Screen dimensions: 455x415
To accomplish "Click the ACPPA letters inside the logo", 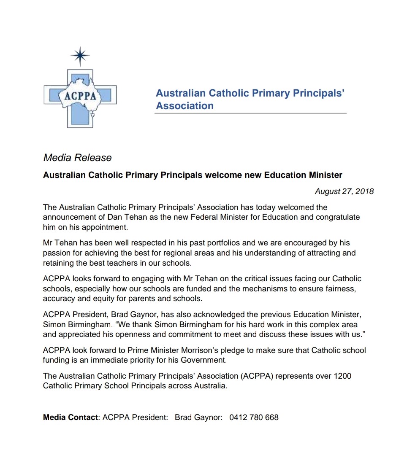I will [x=80, y=96].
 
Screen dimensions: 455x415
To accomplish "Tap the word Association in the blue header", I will [x=184, y=106].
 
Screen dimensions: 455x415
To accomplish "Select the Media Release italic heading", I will [x=77, y=158].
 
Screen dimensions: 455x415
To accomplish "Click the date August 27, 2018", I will [x=344, y=191].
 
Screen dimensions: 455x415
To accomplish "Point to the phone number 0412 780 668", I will [x=254, y=417].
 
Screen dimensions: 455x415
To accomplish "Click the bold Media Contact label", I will [x=70, y=417].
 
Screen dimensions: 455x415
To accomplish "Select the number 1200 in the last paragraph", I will [x=342, y=376].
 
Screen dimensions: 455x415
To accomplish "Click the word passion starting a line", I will [x=57, y=253].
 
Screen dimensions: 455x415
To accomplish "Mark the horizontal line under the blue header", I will [x=250, y=113].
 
